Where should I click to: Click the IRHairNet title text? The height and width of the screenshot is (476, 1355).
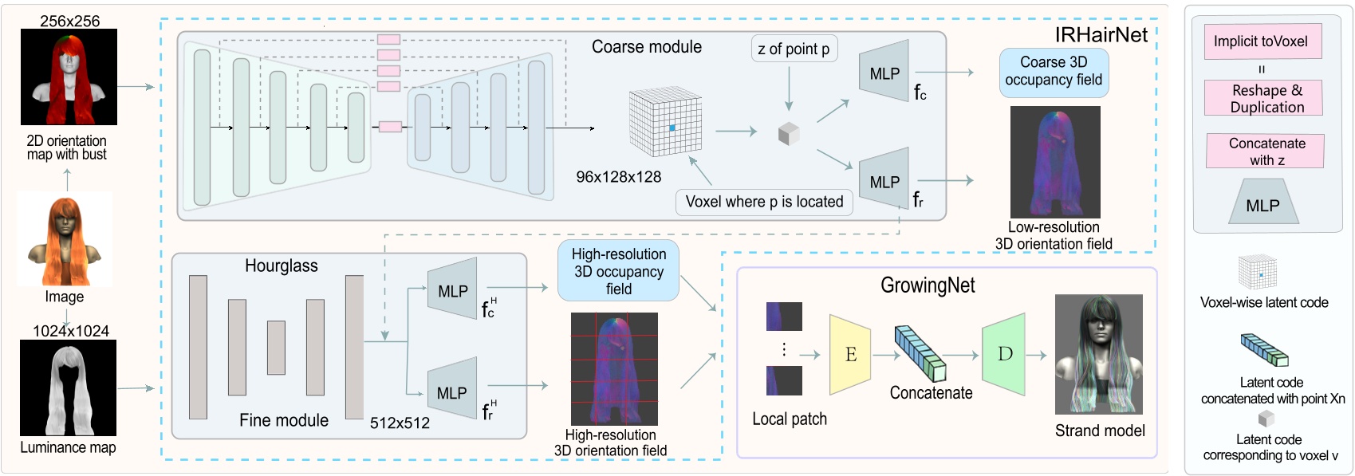(1101, 35)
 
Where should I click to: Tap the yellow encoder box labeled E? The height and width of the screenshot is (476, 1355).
(850, 355)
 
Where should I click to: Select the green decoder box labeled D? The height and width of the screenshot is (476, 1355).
(1004, 354)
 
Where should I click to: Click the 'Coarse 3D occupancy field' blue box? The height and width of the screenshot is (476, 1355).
(1054, 72)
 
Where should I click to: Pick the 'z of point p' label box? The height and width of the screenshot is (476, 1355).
(794, 49)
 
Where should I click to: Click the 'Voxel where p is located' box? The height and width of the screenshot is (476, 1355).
(764, 202)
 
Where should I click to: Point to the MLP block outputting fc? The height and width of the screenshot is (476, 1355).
(884, 73)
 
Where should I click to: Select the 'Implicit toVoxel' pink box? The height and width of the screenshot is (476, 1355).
(1262, 41)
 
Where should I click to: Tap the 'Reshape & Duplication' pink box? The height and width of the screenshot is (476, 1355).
(1266, 99)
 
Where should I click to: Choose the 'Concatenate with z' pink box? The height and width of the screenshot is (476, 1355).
(1266, 151)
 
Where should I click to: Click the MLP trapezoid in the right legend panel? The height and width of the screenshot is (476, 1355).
(1262, 203)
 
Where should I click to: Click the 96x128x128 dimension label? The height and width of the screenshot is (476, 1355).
(618, 177)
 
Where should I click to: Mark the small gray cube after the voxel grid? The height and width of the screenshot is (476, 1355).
(788, 133)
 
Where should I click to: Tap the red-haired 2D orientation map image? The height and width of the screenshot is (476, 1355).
(69, 77)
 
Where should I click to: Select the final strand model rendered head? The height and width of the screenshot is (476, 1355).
(1098, 355)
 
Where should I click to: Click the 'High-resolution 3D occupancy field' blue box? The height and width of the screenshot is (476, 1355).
(618, 271)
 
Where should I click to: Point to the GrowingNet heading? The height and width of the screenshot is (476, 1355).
(928, 285)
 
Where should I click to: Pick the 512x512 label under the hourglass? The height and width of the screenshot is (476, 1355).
(400, 423)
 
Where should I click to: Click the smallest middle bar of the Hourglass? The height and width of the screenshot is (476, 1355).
(276, 348)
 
